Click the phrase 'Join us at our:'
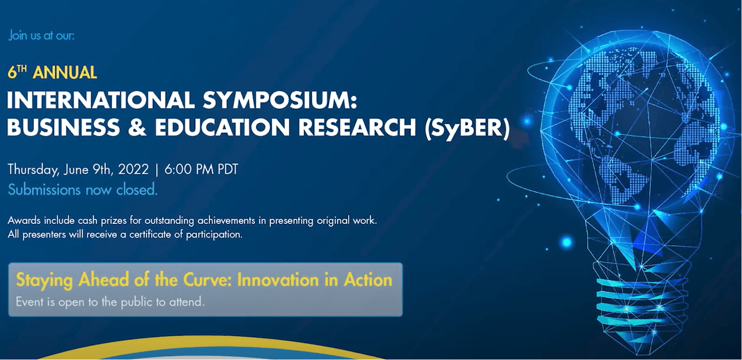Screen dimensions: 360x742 tap(41, 36)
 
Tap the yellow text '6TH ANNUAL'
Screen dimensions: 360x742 tap(53, 72)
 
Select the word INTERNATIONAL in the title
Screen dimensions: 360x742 tap(98, 101)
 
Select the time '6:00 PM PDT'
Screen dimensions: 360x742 tap(201, 169)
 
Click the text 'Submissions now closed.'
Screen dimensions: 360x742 tap(83, 190)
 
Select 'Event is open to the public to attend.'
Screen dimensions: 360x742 tap(110, 302)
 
